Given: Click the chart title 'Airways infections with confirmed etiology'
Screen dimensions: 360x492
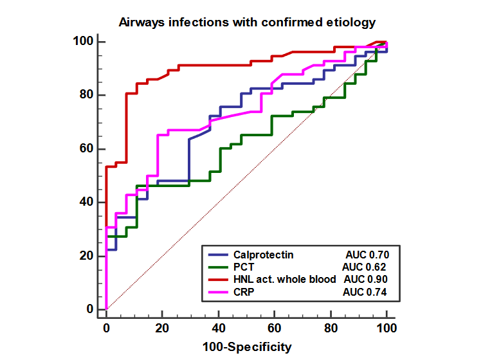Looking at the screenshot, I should tap(247, 23).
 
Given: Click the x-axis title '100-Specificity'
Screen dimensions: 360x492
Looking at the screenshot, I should tap(246, 347).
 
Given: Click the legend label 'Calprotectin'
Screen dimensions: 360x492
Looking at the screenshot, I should tap(264, 255).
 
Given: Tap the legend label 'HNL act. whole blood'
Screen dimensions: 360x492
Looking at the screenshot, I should tap(285, 280).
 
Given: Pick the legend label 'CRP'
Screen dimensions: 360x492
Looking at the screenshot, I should tap(244, 292).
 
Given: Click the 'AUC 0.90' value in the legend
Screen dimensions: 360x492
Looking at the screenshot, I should tap(366, 280).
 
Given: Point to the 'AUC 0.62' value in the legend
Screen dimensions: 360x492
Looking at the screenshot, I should tap(364, 267).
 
